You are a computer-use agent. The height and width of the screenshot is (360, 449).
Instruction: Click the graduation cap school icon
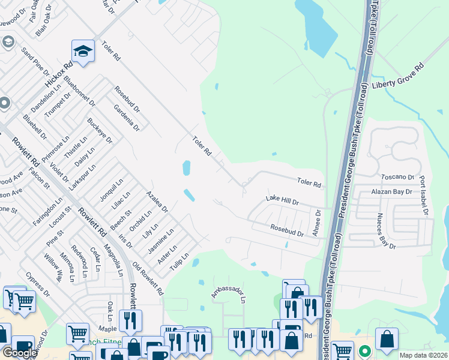click(83, 51)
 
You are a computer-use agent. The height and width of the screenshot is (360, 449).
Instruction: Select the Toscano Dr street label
click(398, 178)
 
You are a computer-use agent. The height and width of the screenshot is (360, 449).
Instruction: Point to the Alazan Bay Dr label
click(391, 191)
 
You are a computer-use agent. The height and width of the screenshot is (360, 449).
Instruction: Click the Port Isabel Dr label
click(424, 196)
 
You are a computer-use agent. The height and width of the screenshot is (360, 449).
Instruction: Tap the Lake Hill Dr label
click(282, 201)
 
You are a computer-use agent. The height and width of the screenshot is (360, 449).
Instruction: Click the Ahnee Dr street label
click(318, 223)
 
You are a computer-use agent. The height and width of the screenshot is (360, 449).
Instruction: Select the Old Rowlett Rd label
click(148, 280)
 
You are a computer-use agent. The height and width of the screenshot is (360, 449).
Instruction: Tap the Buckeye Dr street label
click(100, 130)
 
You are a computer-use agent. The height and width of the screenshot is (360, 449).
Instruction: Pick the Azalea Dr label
click(157, 203)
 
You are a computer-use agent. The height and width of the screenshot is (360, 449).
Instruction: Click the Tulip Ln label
click(180, 262)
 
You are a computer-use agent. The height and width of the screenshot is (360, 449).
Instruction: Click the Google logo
click(20, 353)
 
